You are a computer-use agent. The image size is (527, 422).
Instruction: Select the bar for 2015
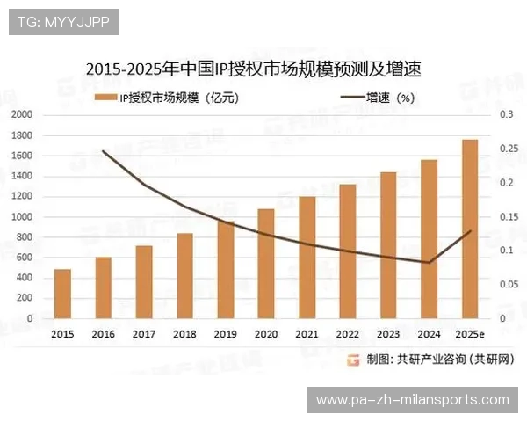[x=62, y=294]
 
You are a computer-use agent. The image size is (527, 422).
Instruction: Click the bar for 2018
[x=184, y=275]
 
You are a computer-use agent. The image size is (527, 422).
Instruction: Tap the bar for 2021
[x=307, y=257]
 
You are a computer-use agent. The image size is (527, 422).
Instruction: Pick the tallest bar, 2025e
[x=470, y=229]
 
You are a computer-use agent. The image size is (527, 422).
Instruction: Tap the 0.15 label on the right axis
[x=507, y=216]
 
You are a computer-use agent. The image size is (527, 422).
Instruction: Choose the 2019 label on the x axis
[x=225, y=334]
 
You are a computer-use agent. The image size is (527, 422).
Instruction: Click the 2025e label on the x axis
[x=470, y=334]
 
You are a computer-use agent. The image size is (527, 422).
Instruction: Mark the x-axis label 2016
[x=103, y=334]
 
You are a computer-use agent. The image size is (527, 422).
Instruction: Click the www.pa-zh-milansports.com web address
[x=412, y=400]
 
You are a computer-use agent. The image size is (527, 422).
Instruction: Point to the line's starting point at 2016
[x=104, y=151]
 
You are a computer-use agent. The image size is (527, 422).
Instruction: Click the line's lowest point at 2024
[x=429, y=262]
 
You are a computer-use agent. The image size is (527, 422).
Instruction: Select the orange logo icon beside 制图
[x=353, y=359]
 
